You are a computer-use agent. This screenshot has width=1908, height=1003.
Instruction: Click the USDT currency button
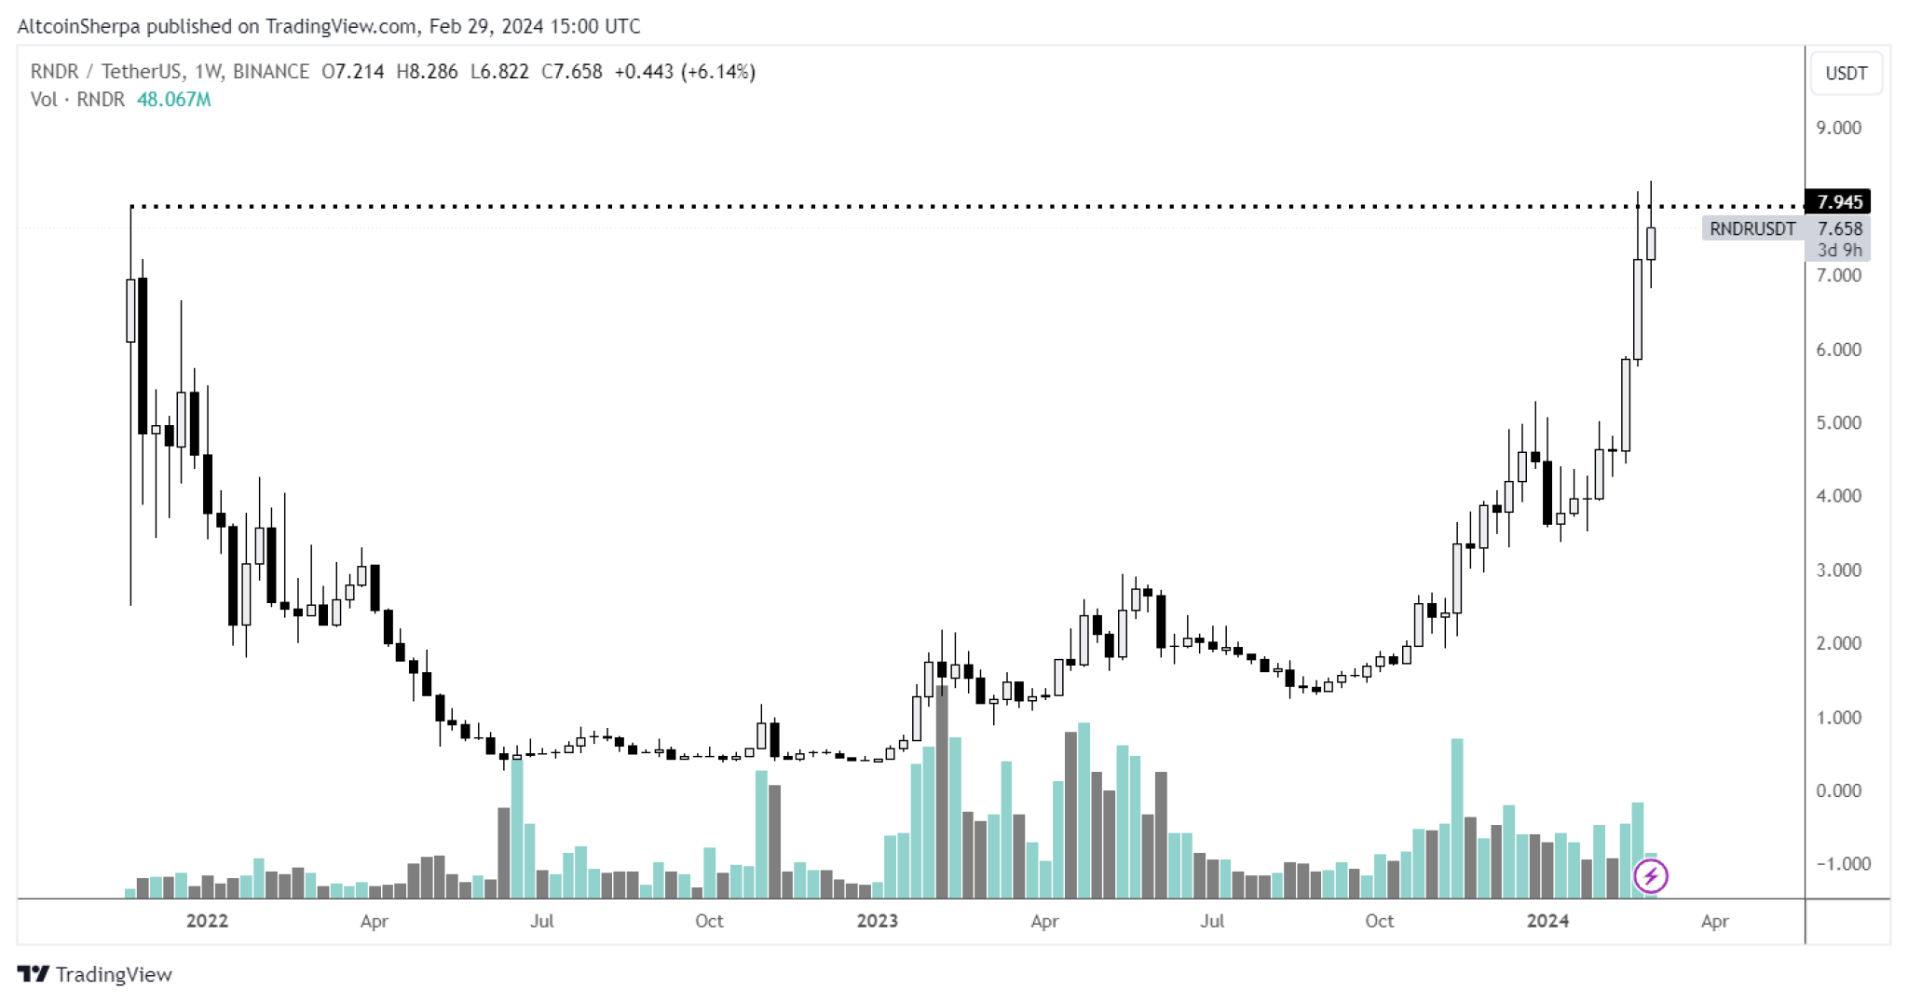tap(1846, 74)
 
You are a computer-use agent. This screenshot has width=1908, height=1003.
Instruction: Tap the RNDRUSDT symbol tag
tap(1751, 228)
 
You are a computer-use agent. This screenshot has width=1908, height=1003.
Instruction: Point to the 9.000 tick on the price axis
tap(1838, 128)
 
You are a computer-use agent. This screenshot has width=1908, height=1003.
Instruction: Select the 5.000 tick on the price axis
tap(1838, 422)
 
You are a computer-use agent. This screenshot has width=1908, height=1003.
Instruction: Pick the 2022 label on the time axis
tap(207, 921)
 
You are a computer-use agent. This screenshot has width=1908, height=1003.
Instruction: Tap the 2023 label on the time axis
tap(877, 921)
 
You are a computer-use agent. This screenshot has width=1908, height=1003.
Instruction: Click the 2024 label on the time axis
tap(1547, 921)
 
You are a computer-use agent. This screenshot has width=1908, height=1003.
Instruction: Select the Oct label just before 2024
tap(1379, 921)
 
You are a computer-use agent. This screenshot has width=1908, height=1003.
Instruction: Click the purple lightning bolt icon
tap(1651, 875)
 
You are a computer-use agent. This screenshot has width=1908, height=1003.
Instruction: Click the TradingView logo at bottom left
tap(95, 974)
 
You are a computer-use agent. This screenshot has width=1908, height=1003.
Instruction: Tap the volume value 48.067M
tap(173, 100)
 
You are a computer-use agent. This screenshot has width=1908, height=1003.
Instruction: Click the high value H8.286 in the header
tap(427, 72)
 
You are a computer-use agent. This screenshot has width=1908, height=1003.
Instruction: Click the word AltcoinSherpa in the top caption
tap(78, 26)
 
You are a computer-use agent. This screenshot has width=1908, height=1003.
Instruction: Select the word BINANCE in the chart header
tap(270, 72)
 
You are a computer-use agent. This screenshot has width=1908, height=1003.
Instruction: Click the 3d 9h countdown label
tap(1839, 250)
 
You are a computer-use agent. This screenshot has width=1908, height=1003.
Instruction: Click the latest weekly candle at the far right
tap(1651, 243)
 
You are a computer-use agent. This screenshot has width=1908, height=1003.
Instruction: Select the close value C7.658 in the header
tap(571, 72)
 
